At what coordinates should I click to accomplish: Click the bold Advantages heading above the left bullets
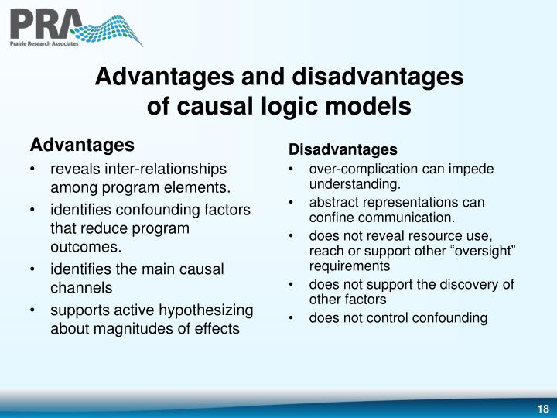coord(81,145)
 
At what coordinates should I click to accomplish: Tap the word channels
coord(81,288)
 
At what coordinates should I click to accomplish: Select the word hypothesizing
coord(206,310)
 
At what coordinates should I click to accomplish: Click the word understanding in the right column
coord(354,184)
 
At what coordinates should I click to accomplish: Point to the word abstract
coord(332,203)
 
